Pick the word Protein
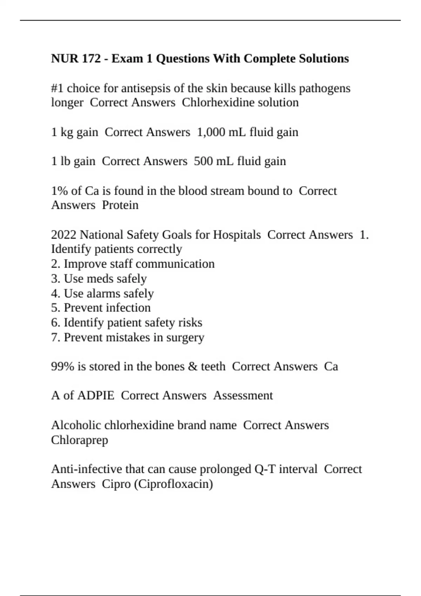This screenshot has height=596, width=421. pyautogui.click(x=120, y=205)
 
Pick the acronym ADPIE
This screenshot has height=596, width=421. pyautogui.click(x=95, y=395)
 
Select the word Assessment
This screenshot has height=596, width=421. pyautogui.click(x=243, y=395)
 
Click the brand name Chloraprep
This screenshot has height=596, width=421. pyautogui.click(x=79, y=440)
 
